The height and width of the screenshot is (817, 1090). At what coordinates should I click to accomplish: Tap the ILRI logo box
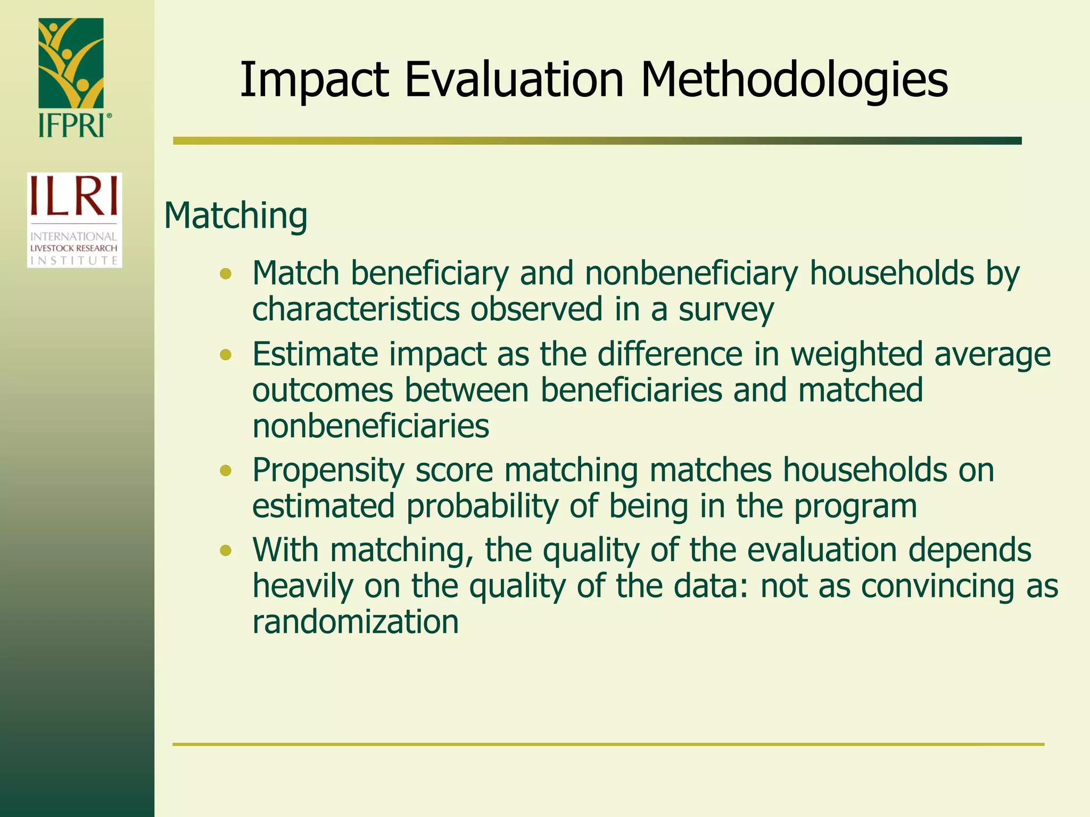(x=75, y=220)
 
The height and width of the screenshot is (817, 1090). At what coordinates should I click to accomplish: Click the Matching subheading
(x=235, y=216)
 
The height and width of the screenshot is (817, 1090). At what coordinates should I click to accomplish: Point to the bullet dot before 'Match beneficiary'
(x=226, y=274)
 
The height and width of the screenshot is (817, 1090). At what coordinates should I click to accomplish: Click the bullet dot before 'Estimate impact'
(x=226, y=355)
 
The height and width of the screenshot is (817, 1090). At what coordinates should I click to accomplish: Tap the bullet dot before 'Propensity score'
(x=226, y=471)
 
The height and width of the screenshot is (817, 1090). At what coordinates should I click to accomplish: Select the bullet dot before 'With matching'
(x=226, y=551)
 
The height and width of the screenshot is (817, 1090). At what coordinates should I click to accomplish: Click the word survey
(x=726, y=310)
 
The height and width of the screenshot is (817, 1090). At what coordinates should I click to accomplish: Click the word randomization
(x=355, y=622)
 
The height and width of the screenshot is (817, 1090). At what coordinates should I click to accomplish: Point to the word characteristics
(x=356, y=310)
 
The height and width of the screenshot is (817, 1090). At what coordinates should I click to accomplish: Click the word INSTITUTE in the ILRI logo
(x=74, y=261)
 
